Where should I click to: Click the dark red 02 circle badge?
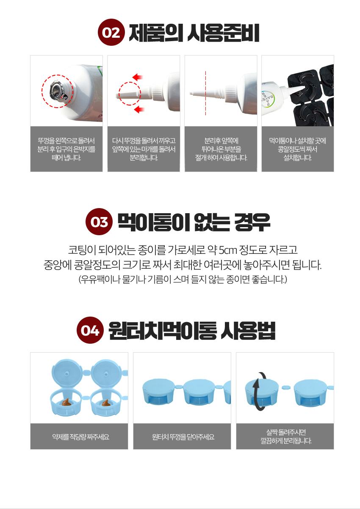111,32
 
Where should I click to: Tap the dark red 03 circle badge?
99,222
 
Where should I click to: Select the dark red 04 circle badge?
90,330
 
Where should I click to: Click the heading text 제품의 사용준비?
194,33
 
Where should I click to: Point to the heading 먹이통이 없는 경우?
194,222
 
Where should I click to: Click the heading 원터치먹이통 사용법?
192,331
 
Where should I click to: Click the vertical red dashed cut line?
205,93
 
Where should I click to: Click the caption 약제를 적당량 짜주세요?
80,437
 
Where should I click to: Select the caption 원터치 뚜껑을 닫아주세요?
183,437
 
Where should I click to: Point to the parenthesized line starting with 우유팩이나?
183,279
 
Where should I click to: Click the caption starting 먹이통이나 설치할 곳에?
298,149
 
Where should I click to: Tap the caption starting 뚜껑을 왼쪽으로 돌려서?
66,149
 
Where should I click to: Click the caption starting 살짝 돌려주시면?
286,436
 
